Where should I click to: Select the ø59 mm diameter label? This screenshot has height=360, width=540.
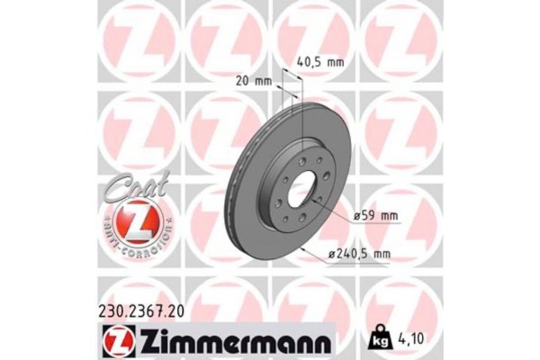pos(375,215)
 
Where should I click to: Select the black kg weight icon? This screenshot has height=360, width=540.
pos(375,340)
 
